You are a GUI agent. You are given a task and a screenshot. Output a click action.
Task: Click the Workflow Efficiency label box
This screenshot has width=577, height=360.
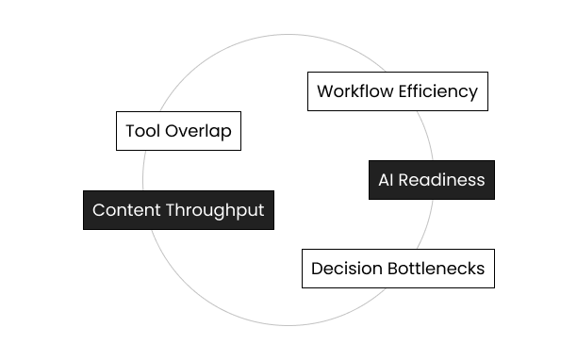coord(397,91)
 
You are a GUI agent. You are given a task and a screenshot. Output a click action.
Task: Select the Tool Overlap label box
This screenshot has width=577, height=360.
coord(178,131)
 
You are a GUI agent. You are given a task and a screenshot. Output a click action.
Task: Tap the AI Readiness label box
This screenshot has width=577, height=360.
coord(431,180)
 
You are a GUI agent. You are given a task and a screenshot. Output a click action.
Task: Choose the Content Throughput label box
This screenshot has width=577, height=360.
coord(178,210)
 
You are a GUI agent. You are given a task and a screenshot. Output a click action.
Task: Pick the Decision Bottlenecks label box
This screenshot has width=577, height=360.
coord(397,269)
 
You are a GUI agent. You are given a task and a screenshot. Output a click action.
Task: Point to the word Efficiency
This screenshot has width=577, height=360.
coord(437,91)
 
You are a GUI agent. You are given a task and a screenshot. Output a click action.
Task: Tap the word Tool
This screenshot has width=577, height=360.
coord(141,131)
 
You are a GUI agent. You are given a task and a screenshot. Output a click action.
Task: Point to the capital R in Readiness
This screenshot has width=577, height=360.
coord(404,180)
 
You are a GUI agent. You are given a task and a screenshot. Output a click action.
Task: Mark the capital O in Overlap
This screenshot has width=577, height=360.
coord(170,131)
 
